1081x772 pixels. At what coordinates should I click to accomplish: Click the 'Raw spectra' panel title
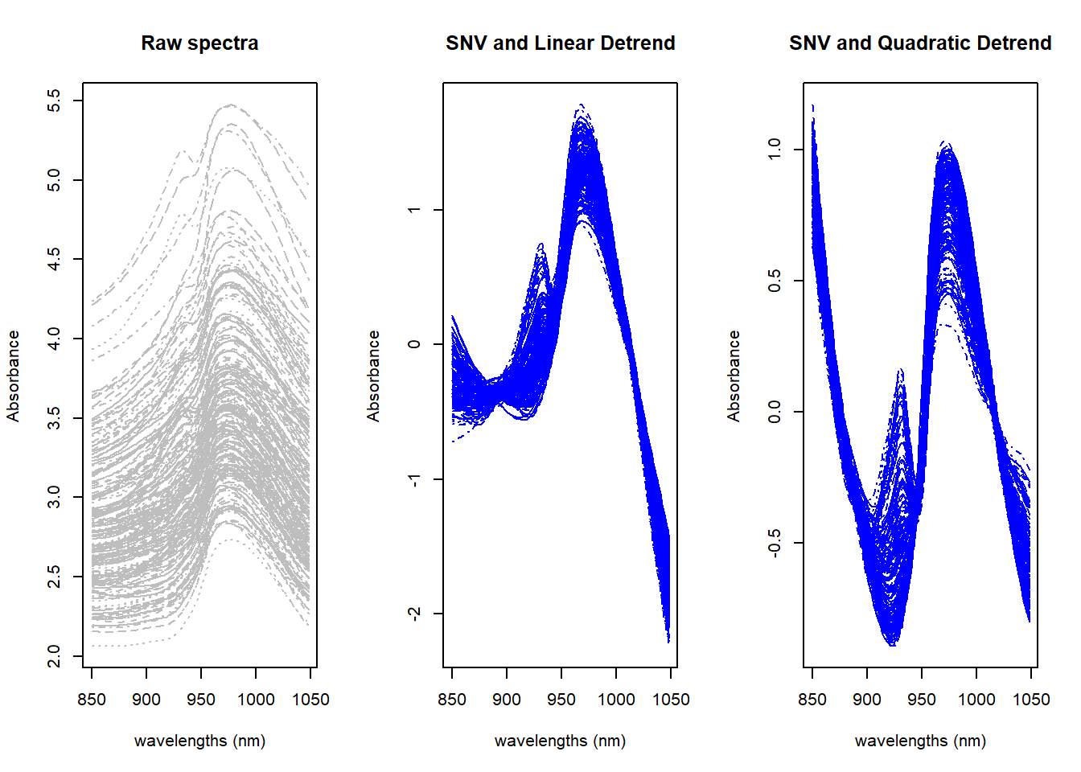coord(199,43)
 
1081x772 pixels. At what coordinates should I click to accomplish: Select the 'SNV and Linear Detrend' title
coord(560,43)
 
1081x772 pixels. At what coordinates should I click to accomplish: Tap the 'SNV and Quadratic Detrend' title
coord(920,43)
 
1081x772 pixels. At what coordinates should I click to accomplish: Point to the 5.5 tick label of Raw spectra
coord(54,101)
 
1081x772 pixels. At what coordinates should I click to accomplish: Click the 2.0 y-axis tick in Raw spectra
coord(54,656)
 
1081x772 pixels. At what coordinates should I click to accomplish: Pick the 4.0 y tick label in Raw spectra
coord(54,339)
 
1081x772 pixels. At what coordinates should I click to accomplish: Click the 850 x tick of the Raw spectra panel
coord(92,700)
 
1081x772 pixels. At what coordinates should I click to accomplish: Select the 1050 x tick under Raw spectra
coord(310,700)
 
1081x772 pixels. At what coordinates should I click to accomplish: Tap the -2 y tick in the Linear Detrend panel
coord(414,614)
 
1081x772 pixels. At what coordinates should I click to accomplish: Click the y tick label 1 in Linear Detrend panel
coord(414,210)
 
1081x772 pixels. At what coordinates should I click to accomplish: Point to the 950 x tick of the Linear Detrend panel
coord(561,700)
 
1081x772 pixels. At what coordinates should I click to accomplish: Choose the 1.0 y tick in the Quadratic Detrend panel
coord(775,149)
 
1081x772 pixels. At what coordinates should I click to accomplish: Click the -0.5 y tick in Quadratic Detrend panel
coord(775,543)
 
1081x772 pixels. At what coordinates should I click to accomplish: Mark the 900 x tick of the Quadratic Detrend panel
coord(867,700)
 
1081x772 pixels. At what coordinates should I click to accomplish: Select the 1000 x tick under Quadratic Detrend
coord(976,700)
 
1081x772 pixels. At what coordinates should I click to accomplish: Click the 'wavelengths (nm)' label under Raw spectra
coord(199,741)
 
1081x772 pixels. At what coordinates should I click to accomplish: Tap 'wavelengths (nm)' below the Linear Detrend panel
coord(560,741)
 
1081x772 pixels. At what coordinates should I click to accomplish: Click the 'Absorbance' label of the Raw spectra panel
coord(14,376)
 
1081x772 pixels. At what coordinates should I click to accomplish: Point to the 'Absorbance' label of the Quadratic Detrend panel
coord(734,376)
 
